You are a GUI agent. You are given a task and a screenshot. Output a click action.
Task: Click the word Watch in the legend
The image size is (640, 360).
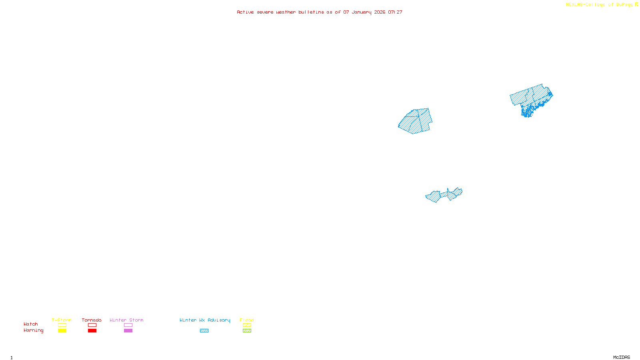[x=31, y=324]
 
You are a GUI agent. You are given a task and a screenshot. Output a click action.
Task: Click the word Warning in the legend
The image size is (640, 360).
[x=34, y=330]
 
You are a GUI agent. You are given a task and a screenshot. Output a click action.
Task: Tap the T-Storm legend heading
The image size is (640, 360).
[x=62, y=320]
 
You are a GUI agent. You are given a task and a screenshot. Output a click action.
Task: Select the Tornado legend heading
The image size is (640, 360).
[x=92, y=320]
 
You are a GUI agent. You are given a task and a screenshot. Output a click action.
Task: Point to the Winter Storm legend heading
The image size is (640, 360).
[x=126, y=320]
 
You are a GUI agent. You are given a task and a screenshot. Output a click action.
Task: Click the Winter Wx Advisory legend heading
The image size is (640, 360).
[x=205, y=320]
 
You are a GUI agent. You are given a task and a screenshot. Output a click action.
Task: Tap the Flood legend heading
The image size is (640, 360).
[x=247, y=320]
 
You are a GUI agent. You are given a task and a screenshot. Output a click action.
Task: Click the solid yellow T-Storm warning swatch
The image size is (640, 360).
[x=62, y=331]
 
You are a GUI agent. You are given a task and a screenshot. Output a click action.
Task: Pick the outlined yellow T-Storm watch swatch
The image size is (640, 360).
[x=62, y=325]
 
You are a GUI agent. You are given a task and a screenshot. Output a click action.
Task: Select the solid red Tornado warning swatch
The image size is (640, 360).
[x=92, y=331]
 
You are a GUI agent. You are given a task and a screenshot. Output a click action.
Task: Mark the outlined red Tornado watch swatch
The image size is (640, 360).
[x=92, y=325]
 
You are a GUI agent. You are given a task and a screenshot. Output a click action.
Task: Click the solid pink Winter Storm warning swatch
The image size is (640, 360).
[x=128, y=331]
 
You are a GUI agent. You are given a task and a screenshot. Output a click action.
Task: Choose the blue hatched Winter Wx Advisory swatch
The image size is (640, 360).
[x=204, y=331]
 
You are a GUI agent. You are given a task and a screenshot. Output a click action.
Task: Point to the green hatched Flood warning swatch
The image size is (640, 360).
[x=247, y=331]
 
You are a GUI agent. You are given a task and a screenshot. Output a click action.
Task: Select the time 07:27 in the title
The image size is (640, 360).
[x=395, y=12]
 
